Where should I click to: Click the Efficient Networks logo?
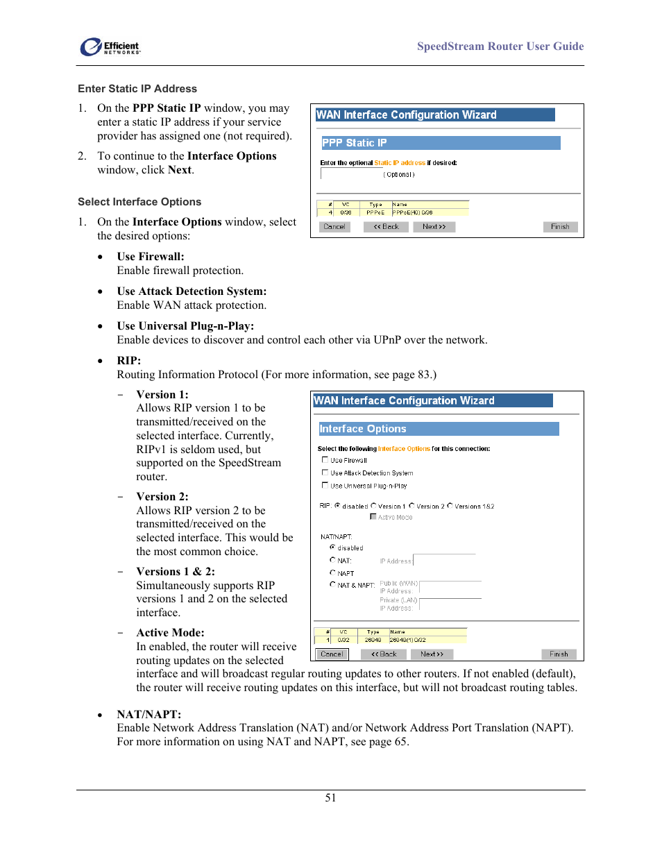click(x=110, y=47)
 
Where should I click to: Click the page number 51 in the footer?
click(x=330, y=798)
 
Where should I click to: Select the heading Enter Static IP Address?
click(x=137, y=89)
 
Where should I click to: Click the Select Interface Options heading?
click(x=139, y=202)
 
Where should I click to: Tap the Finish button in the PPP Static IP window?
click(x=559, y=227)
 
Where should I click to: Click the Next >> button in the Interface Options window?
click(x=432, y=654)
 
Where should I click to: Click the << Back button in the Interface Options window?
click(x=383, y=654)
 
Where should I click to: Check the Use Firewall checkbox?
click(x=325, y=460)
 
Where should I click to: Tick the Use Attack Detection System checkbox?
click(x=325, y=473)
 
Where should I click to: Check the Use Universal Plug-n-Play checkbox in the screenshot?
click(x=325, y=485)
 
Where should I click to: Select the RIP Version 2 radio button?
click(x=412, y=506)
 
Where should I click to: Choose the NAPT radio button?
click(x=333, y=572)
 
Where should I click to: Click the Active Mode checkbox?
click(x=373, y=517)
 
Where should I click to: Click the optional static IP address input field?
click(x=351, y=174)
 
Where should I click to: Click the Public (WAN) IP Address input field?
click(x=450, y=586)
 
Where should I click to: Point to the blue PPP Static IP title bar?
click(x=441, y=143)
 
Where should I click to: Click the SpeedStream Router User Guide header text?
click(x=500, y=46)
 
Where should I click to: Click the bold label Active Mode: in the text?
click(x=170, y=633)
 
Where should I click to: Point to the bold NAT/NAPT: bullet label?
click(x=148, y=714)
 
